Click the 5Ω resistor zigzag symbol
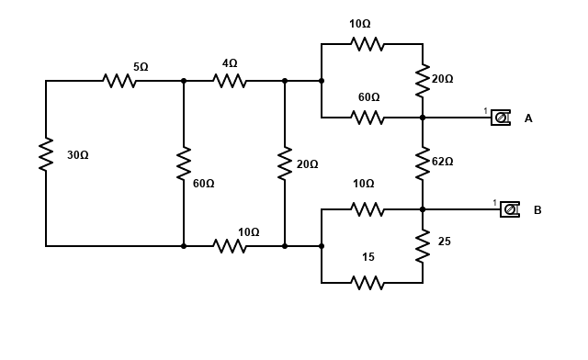pos(119,81)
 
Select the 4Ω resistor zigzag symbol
pos(230,81)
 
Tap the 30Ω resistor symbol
pos(46,154)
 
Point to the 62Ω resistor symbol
pos(423,163)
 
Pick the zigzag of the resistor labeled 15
pos(367,283)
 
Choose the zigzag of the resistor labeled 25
pos(423,246)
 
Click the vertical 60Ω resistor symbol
pos(184,163)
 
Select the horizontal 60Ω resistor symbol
pos(367,118)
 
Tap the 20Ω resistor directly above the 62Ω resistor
pos(423,81)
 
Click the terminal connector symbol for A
pos(500,118)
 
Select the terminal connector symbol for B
pos(509,209)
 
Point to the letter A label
pos(528,118)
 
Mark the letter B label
pos(537,210)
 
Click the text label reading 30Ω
pos(78,155)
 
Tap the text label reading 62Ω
pos(443,162)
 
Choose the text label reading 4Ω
pos(230,63)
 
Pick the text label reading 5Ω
pos(141,67)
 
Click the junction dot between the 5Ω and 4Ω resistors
pos(184,81)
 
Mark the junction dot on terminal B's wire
pos(423,209)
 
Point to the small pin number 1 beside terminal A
pos(485,111)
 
